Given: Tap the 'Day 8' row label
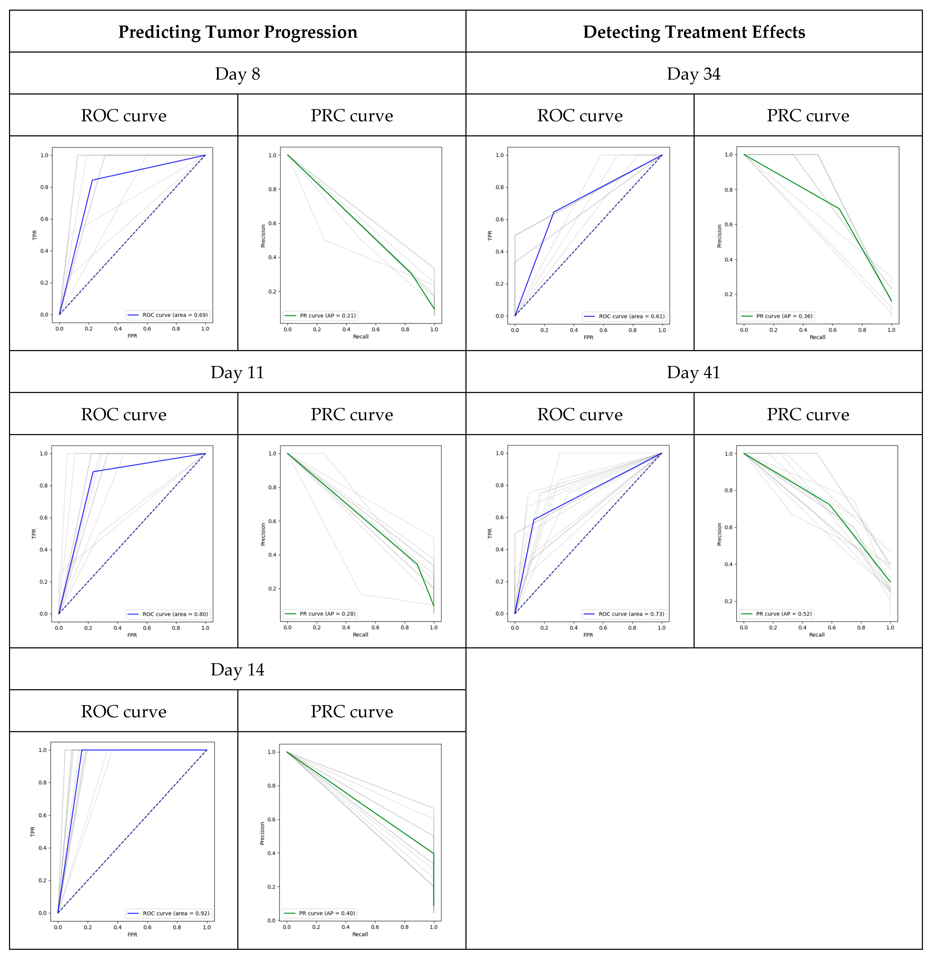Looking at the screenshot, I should point(238,74).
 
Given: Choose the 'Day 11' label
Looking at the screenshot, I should point(238,372).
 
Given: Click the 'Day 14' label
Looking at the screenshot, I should point(238,670).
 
